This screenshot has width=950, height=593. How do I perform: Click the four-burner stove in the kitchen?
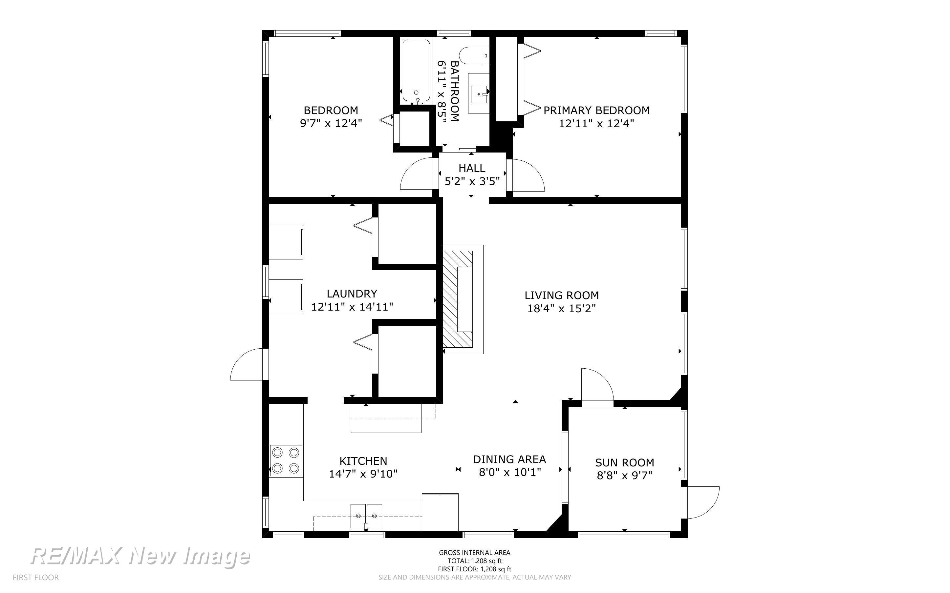[286, 460]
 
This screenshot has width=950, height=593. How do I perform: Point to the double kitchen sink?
[366, 516]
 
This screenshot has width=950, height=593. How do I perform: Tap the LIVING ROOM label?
[562, 295]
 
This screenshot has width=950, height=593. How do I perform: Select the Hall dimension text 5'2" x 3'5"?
[472, 181]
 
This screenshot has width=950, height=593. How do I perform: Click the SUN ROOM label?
[624, 462]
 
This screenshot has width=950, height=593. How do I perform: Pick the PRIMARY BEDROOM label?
[596, 110]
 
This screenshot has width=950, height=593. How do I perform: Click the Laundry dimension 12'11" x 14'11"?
[352, 307]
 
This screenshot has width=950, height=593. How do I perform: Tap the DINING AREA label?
[509, 459]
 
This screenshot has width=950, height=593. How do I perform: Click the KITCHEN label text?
[363, 461]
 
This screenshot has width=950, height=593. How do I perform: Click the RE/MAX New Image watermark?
[140, 556]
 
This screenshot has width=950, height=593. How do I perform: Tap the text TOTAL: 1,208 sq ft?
[474, 561]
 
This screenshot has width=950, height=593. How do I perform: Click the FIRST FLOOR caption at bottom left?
[36, 578]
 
